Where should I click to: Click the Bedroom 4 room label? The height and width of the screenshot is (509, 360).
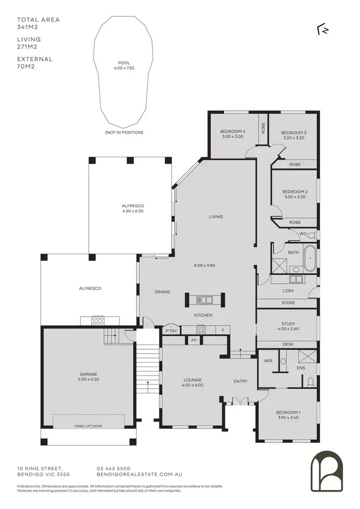pyautogui.click(x=233, y=131)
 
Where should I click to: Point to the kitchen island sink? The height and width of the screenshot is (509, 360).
pyautogui.click(x=204, y=300)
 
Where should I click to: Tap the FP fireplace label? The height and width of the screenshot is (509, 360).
pyautogui.click(x=194, y=341)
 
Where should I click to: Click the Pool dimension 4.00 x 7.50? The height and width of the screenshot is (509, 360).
pyautogui.click(x=124, y=68)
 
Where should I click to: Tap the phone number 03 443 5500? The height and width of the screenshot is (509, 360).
pyautogui.click(x=113, y=468)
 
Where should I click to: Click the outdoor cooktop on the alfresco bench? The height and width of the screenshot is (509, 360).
pyautogui.click(x=98, y=320)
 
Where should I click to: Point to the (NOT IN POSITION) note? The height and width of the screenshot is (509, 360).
pyautogui.click(x=124, y=132)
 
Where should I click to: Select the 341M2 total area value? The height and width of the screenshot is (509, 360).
pyautogui.click(x=27, y=27)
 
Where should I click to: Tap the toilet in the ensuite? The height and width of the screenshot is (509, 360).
pyautogui.click(x=311, y=381)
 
